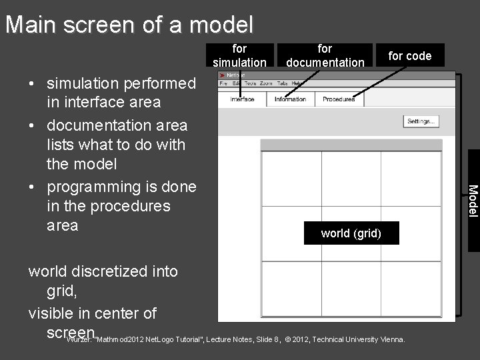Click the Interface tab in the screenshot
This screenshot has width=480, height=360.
242,99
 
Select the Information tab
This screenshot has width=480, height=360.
290,99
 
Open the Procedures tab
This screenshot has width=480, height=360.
339,99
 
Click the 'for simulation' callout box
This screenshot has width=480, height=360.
239,55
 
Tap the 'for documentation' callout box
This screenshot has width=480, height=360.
325,55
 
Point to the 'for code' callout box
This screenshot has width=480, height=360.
410,56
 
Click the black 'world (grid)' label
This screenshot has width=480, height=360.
351,233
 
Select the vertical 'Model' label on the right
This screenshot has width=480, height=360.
473,200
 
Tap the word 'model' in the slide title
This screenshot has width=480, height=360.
221,25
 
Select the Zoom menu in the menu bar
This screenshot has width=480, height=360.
266,83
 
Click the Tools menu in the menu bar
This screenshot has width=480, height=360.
250,83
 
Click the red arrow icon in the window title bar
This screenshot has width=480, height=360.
222,75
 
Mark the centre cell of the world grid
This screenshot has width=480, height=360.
351,234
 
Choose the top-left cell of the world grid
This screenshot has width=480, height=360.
291,179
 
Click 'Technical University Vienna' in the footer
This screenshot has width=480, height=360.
358,339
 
